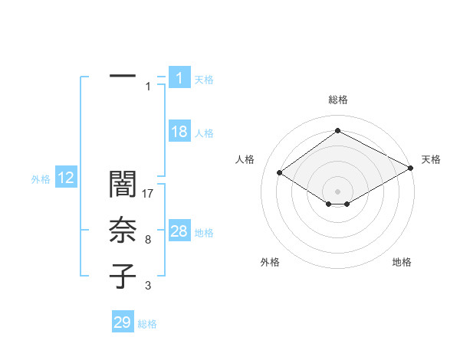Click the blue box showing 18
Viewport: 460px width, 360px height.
click(179, 132)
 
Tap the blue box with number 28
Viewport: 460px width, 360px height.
click(179, 231)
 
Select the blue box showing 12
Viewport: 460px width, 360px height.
click(66, 178)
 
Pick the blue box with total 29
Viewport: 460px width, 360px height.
click(123, 322)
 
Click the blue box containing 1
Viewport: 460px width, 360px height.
click(179, 77)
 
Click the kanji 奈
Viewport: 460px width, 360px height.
click(123, 231)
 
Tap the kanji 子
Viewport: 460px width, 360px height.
click(123, 277)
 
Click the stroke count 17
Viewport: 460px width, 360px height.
click(149, 195)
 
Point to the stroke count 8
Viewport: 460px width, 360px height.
click(148, 241)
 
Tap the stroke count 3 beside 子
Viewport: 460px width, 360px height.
click(148, 286)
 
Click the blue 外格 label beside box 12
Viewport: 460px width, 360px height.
click(41, 179)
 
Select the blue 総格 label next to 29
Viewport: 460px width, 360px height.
click(147, 324)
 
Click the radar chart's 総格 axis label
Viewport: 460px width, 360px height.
click(337, 100)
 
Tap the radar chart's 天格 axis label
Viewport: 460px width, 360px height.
click(431, 159)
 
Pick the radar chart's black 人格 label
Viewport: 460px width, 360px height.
click(245, 159)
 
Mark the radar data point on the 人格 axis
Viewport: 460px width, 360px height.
click(280, 173)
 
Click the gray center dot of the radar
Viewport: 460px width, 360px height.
click(337, 191)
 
